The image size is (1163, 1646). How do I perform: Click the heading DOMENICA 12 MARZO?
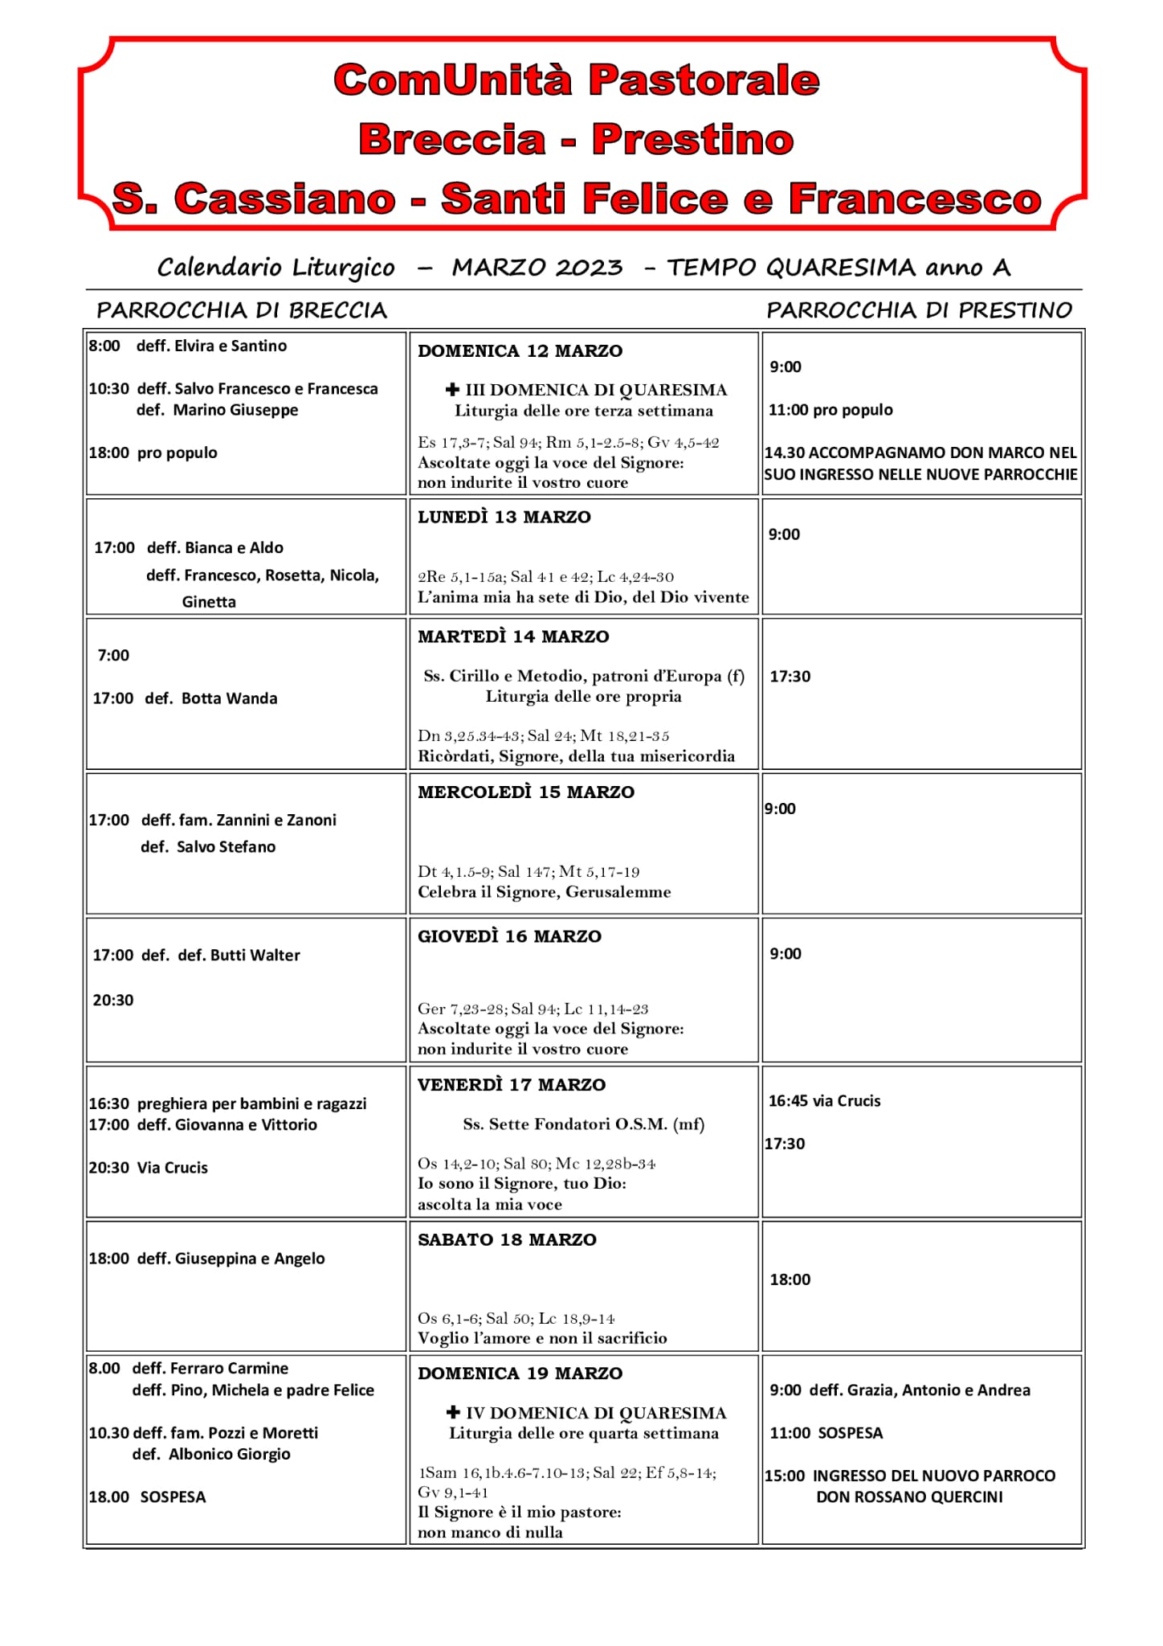coord(520,351)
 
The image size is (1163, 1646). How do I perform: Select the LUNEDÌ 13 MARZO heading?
coord(504,518)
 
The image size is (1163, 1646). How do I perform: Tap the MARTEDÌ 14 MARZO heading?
coord(513,637)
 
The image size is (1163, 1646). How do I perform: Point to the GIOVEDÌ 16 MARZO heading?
coord(509,936)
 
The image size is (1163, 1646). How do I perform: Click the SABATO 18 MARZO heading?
coord(507,1239)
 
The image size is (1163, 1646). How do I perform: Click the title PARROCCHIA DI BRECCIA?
coord(242,310)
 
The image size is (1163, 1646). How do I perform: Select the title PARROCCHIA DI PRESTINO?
coord(919,310)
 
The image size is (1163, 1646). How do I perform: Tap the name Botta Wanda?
coord(229,698)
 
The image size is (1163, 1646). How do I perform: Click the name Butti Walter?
coord(255,955)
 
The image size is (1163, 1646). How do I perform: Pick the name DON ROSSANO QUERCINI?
coord(909,1497)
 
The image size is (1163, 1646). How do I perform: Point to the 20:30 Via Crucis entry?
coord(149,1167)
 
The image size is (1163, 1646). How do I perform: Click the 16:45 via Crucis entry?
coord(824,1100)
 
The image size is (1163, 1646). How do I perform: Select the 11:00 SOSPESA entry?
coord(826,1432)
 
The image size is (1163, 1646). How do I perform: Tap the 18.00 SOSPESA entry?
coord(148,1497)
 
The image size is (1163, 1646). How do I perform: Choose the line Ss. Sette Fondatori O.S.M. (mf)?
coord(583,1124)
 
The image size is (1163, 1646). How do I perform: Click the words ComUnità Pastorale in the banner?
coord(577,80)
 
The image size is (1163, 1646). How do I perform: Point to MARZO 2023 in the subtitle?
coord(537,268)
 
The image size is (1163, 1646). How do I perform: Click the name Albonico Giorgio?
coord(229,1454)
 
